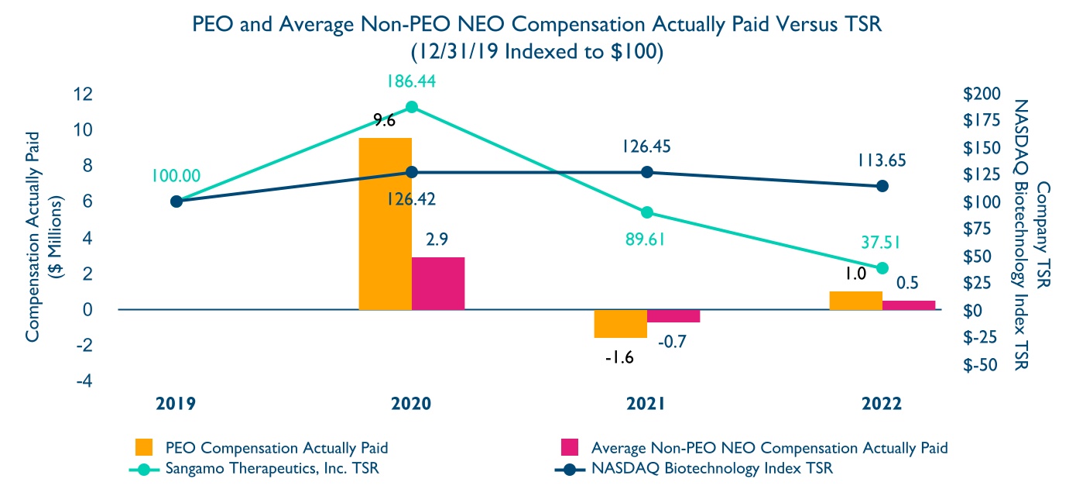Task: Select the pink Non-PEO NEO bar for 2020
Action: (x=438, y=283)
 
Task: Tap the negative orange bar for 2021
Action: (x=620, y=323)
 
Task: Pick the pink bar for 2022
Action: (x=908, y=305)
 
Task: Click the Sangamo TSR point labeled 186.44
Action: (x=412, y=107)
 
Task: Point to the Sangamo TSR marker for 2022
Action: (x=882, y=268)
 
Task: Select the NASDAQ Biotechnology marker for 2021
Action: (x=647, y=172)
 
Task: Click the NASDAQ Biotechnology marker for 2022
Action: (x=882, y=186)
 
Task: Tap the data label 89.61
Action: (x=646, y=237)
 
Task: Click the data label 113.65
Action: (x=882, y=160)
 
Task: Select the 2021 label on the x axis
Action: (x=646, y=404)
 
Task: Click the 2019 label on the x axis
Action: (x=176, y=404)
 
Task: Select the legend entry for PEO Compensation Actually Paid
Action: (x=276, y=448)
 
